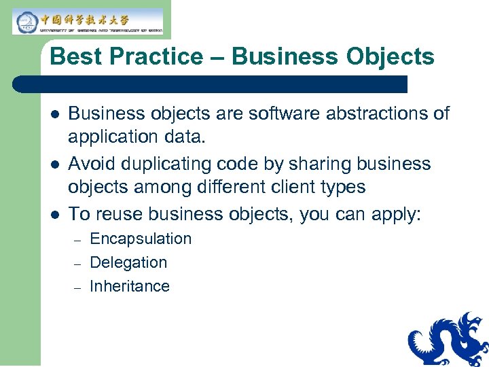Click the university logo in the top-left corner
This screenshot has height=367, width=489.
tap(88, 22)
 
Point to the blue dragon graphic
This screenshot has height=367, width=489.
tap(449, 340)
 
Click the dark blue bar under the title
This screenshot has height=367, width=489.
tap(211, 84)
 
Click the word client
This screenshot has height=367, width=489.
tap(289, 187)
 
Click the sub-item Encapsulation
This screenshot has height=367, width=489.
tap(141, 239)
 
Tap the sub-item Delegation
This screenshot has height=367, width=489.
tap(128, 262)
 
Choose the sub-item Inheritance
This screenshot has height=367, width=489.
tap(130, 286)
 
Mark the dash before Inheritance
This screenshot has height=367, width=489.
tap(77, 287)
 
